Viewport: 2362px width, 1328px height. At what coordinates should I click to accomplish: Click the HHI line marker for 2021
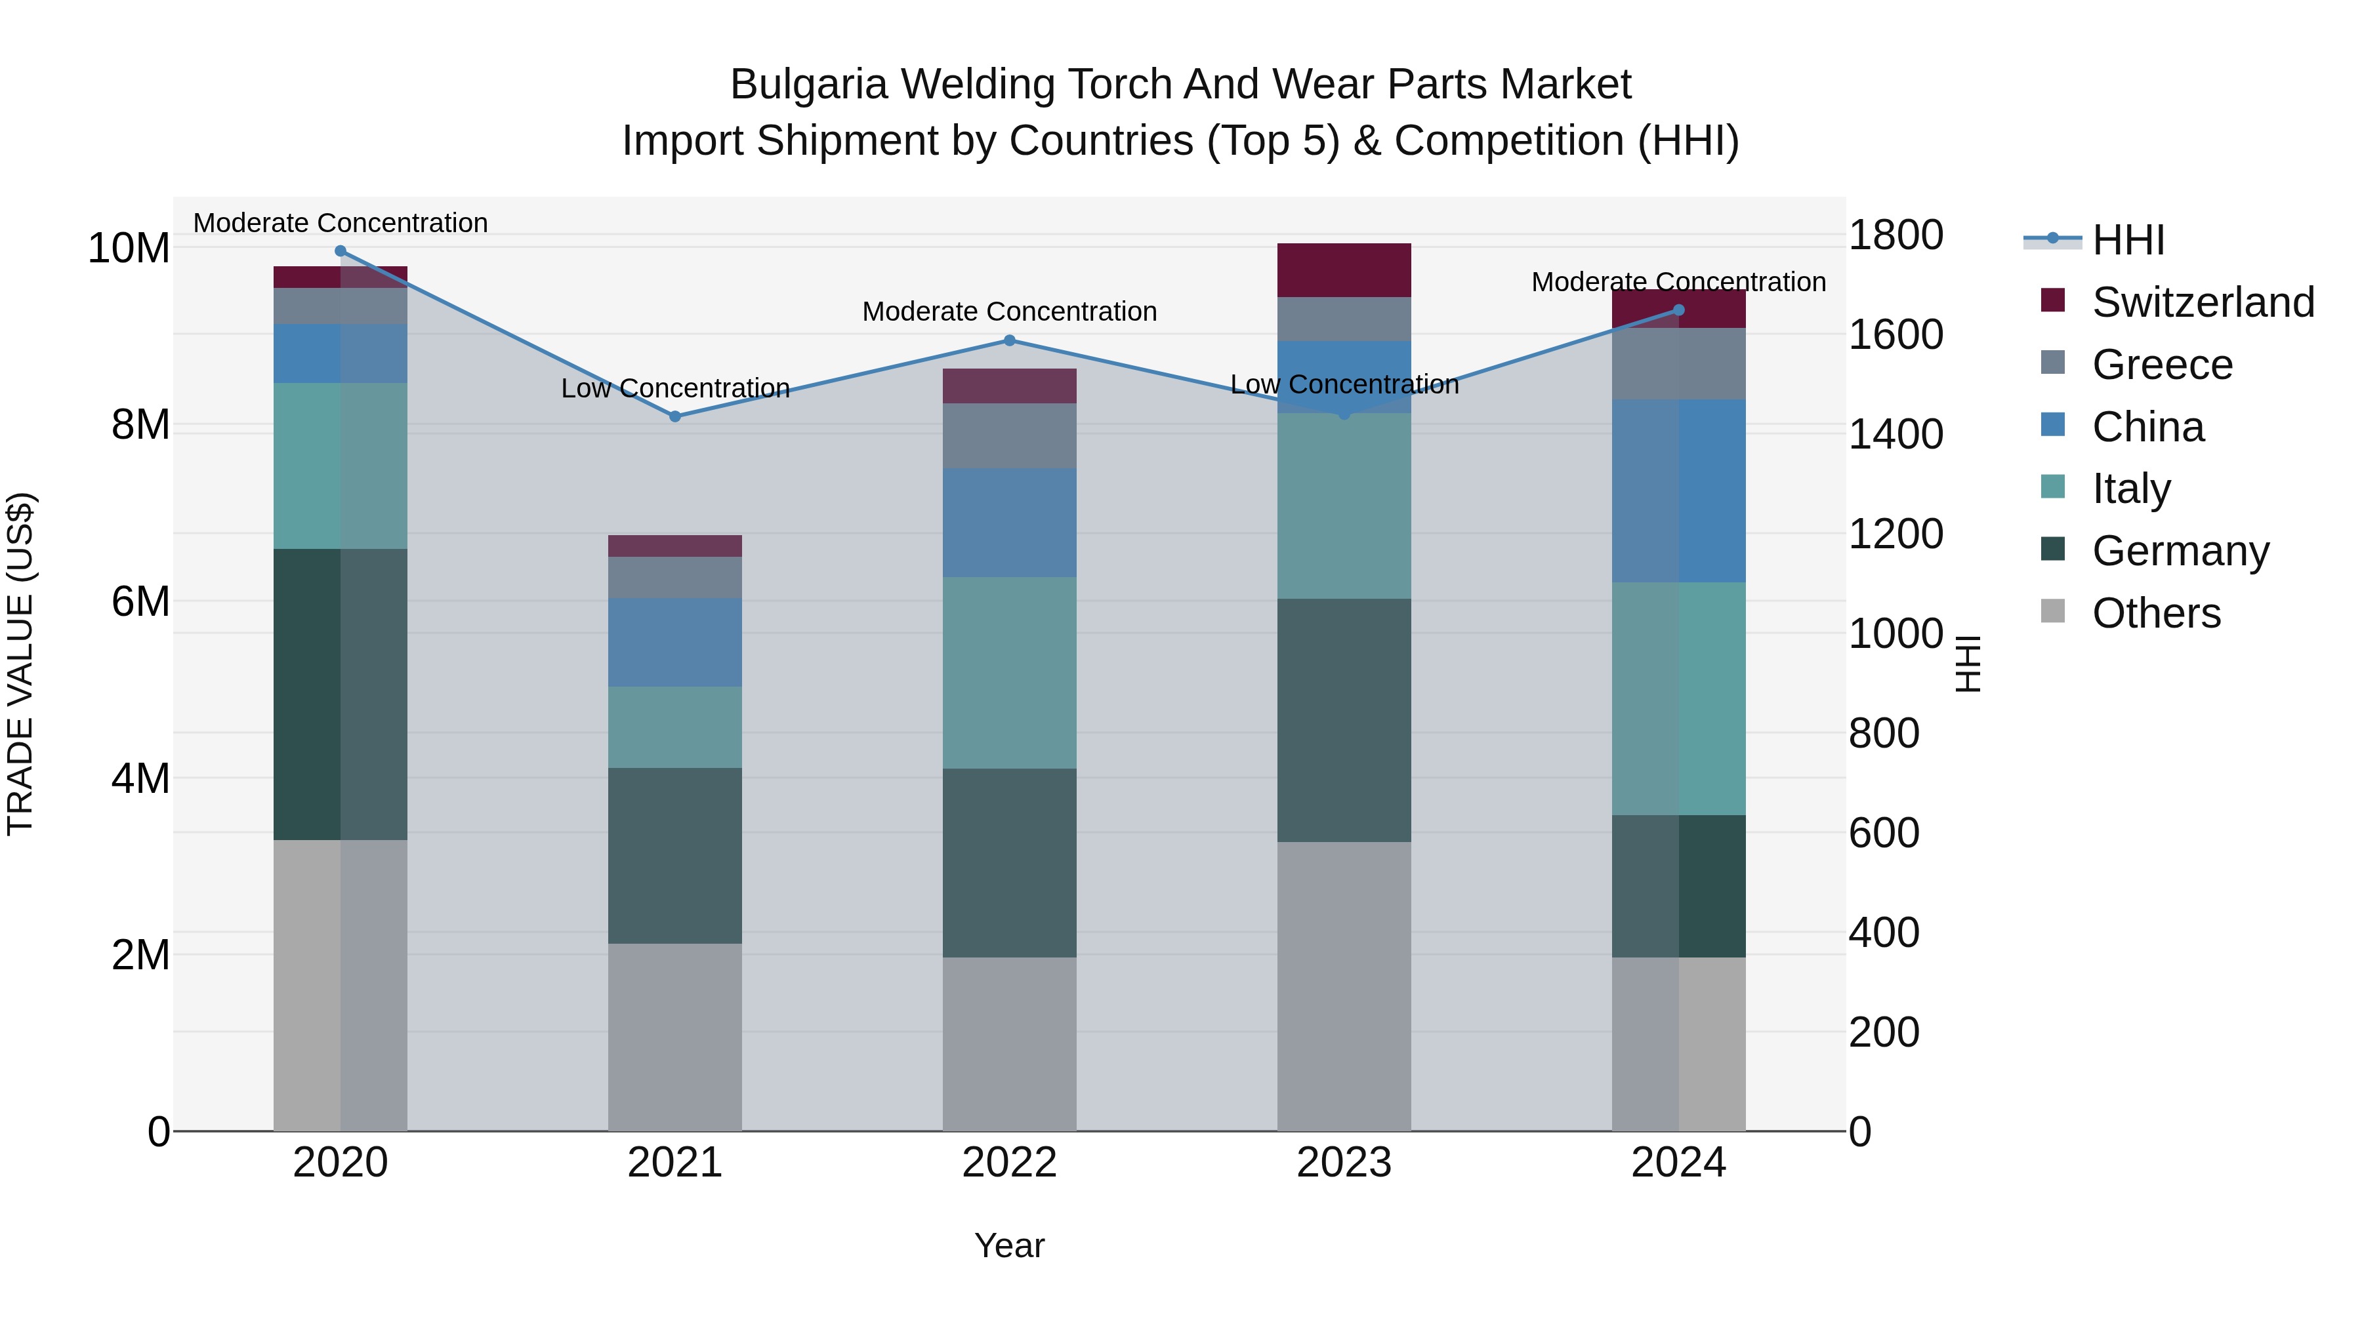click(675, 416)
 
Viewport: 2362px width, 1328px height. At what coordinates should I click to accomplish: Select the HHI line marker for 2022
click(1010, 340)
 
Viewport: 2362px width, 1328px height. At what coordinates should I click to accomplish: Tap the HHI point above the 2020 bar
click(340, 251)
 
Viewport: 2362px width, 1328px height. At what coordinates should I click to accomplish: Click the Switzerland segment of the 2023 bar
click(1344, 270)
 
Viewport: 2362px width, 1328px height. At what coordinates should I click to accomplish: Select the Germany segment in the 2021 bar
click(675, 855)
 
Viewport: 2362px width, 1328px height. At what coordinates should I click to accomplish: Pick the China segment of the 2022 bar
click(1010, 523)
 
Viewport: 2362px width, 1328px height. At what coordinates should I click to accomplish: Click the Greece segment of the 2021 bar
click(675, 577)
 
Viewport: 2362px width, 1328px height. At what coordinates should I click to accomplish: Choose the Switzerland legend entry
click(2203, 302)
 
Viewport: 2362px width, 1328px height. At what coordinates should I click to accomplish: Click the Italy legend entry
click(2131, 489)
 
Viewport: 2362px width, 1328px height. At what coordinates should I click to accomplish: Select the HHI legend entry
click(2127, 240)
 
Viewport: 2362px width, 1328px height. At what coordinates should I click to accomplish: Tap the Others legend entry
click(2156, 613)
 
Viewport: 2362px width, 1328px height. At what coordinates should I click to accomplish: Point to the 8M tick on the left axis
click(140, 424)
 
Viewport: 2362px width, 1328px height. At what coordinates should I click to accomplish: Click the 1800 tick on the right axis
click(1894, 235)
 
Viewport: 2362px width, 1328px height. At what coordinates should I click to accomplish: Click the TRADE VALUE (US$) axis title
click(20, 664)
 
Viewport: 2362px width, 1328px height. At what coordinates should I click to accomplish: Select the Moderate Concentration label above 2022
click(1010, 312)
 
